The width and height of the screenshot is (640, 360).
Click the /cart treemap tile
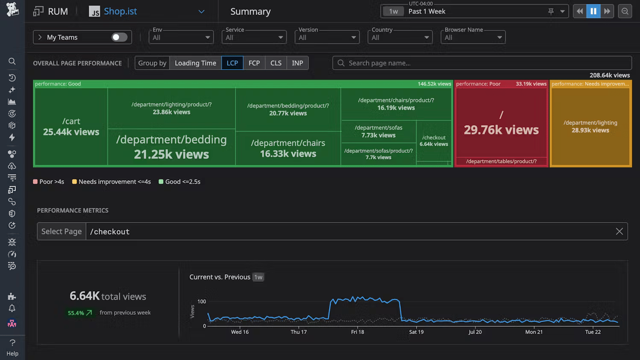tap(71, 127)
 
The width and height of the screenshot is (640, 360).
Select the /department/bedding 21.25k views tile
tap(171, 147)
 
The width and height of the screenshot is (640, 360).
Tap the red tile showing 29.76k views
tap(501, 124)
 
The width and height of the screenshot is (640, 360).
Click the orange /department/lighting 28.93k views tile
tap(590, 127)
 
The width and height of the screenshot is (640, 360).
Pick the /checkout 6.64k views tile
tap(434, 141)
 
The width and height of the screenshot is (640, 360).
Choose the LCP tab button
tap(232, 63)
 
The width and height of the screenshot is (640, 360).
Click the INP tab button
tap(297, 63)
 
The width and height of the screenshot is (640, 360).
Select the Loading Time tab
tap(195, 63)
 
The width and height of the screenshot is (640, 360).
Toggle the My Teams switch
tap(119, 37)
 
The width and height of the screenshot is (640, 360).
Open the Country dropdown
tap(400, 38)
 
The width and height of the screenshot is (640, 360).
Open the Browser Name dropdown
tap(473, 38)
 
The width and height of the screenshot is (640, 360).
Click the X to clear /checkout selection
tap(619, 231)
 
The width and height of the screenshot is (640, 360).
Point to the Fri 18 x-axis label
tap(358, 332)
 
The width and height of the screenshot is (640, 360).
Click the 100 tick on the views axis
tap(202, 301)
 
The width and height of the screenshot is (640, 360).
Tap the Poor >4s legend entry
tap(49, 182)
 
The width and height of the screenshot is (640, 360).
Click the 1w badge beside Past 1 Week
tap(393, 12)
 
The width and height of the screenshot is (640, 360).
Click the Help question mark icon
tap(12, 342)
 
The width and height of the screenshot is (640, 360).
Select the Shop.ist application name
tap(120, 12)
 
